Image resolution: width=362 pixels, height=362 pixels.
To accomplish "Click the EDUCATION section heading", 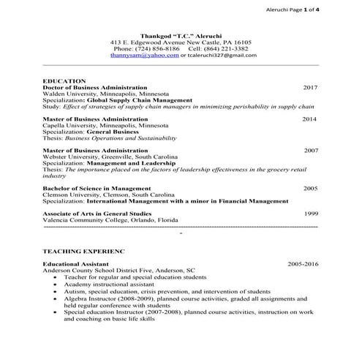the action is [64, 80].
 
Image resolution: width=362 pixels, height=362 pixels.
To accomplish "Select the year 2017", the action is [310, 87].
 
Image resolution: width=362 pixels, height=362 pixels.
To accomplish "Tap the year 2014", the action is [310, 118].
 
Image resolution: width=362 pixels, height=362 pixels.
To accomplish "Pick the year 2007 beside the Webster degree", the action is [312, 150].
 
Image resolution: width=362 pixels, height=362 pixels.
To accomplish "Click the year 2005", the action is [311, 188].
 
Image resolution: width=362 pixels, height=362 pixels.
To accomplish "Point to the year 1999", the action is [312, 214].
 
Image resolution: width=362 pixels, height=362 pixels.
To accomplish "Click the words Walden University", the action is [67, 94].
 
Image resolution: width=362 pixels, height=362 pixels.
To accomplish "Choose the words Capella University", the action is [68, 125].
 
